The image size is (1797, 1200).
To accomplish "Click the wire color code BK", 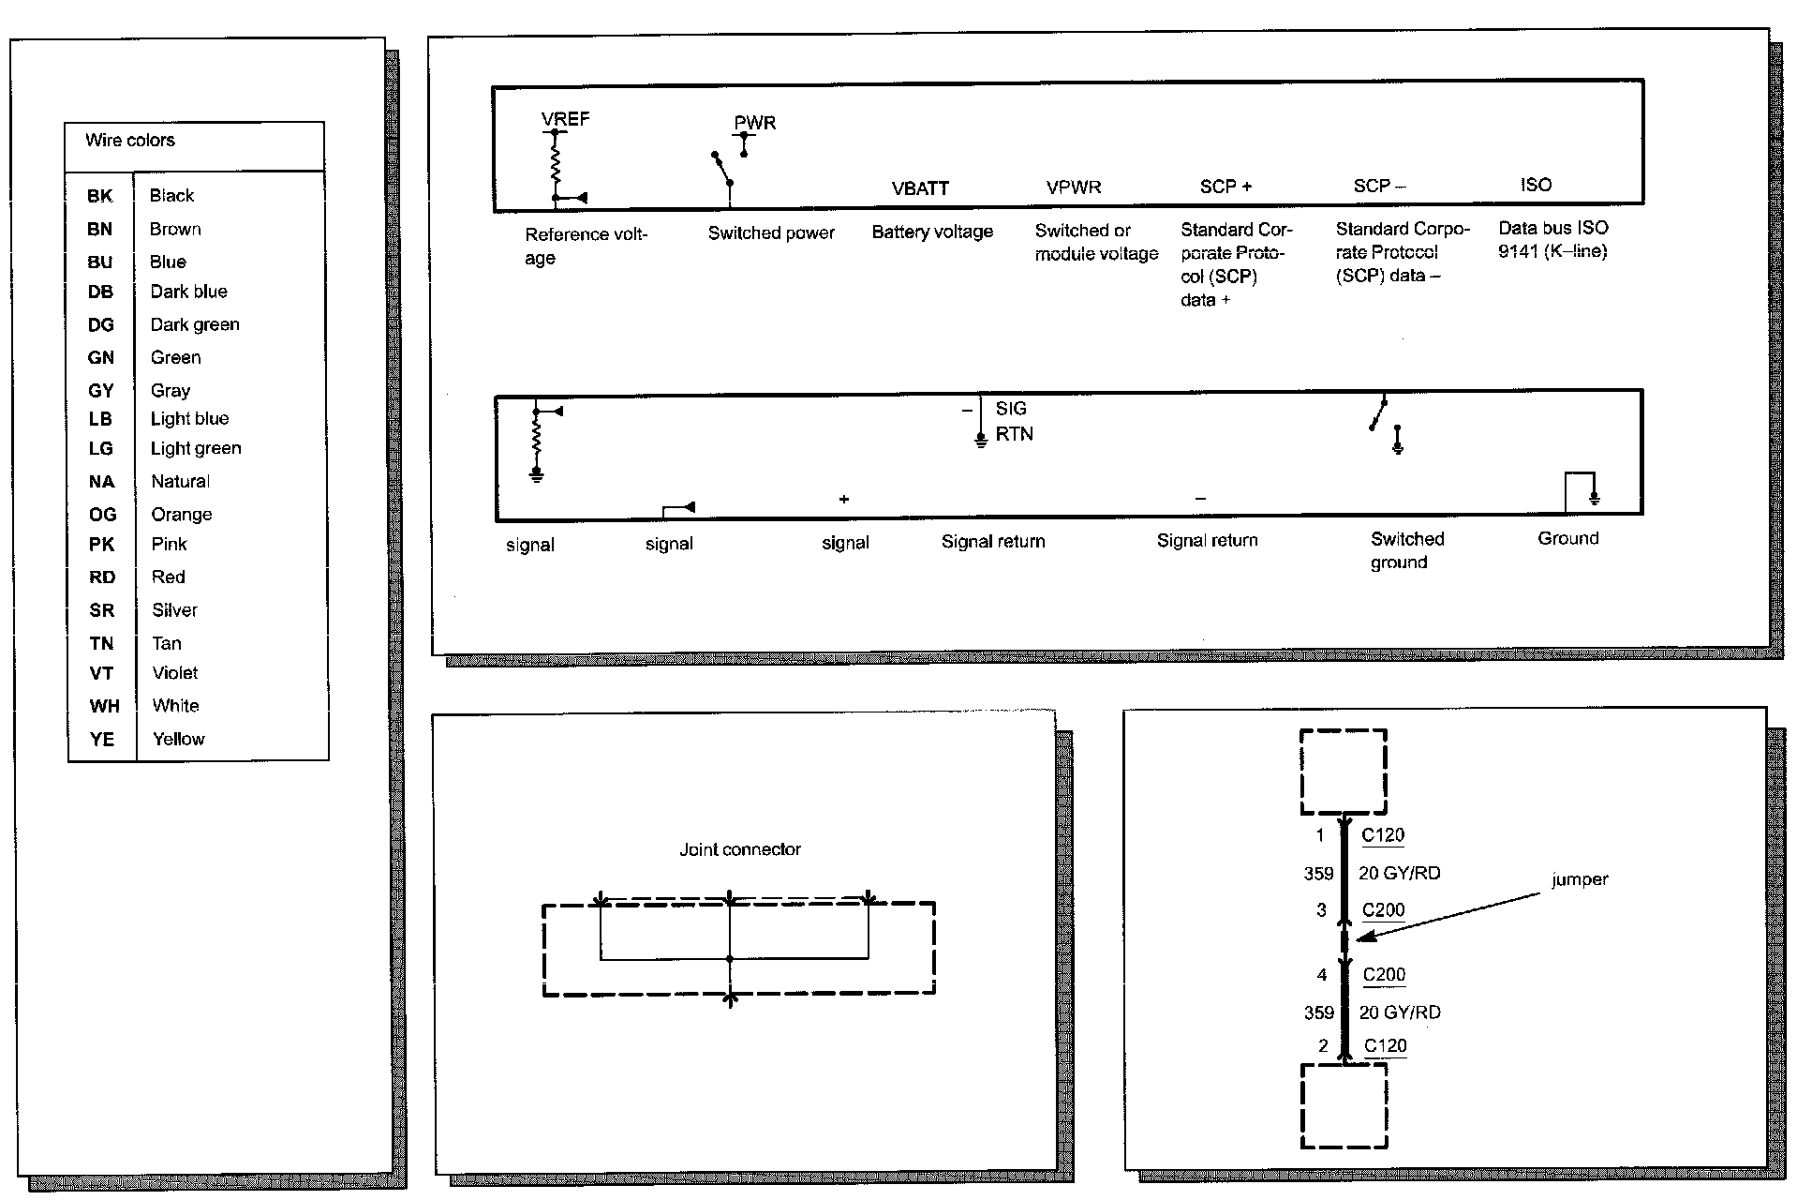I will click(99, 196).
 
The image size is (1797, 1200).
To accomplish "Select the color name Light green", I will click(196, 448).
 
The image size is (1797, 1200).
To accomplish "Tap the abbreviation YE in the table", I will click(101, 739).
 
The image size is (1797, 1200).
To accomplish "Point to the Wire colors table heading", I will click(130, 141).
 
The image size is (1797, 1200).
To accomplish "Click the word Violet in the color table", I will click(175, 673).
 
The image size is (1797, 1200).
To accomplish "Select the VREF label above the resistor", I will click(565, 119).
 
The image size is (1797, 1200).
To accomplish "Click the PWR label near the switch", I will click(755, 123).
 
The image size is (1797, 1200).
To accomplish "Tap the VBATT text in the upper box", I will click(920, 188).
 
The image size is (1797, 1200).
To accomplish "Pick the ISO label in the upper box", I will click(1536, 185).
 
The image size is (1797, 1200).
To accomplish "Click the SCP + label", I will click(1225, 187).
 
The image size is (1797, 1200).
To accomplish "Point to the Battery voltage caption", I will click(932, 232).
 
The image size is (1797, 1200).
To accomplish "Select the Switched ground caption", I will click(1406, 550).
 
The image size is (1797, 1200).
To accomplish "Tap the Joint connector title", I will click(740, 849).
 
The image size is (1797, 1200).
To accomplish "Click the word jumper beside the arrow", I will click(1580, 879).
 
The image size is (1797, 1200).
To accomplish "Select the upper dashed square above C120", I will click(1344, 772).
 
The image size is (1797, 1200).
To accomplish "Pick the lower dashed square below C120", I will click(1344, 1105).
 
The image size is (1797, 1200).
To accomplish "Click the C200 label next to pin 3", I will click(1383, 910).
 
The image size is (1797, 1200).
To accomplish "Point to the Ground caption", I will click(1567, 538).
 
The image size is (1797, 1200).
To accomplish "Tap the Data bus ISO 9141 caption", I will click(1552, 239).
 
